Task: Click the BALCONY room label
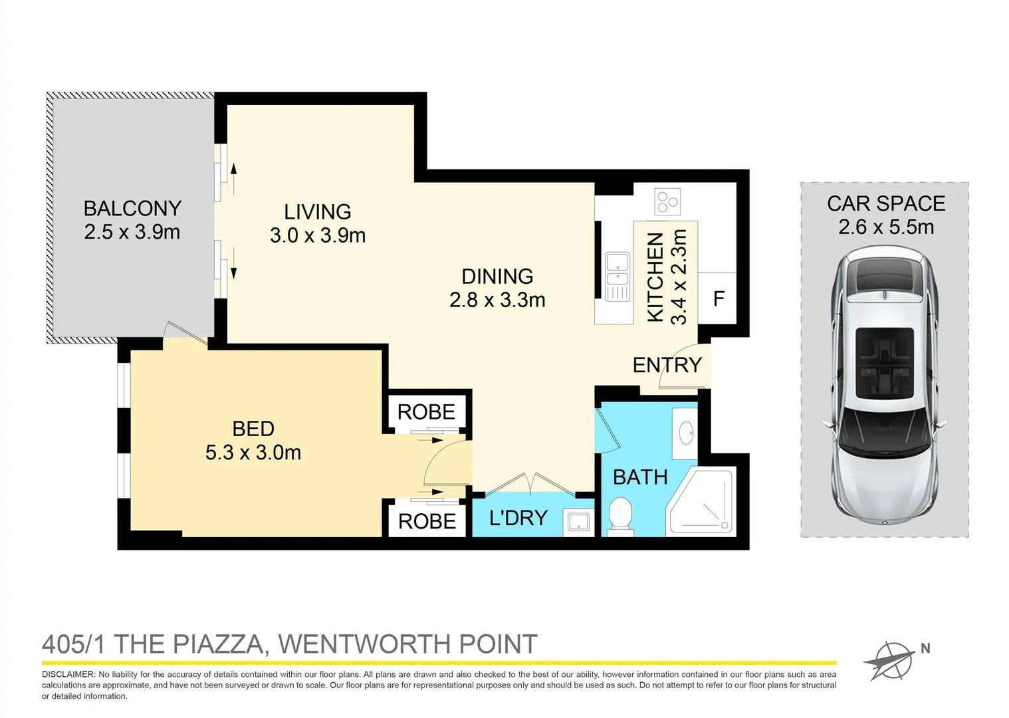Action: point(132,208)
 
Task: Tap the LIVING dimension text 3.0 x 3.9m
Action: point(318,235)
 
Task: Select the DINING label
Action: point(497,276)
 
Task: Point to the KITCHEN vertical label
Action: point(655,277)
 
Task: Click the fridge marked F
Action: point(718,299)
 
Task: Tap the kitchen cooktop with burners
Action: point(667,201)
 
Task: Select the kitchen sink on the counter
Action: point(617,276)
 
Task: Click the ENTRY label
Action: point(667,365)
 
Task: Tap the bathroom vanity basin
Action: point(686,434)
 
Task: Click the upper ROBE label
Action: point(426,412)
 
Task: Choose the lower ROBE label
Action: point(427,521)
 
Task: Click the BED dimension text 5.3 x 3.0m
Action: point(253,453)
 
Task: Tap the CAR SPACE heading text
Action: point(885,203)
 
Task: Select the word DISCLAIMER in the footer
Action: point(68,674)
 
